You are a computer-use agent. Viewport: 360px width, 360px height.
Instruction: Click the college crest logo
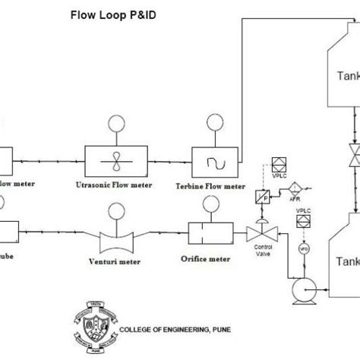[x=91, y=324]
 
